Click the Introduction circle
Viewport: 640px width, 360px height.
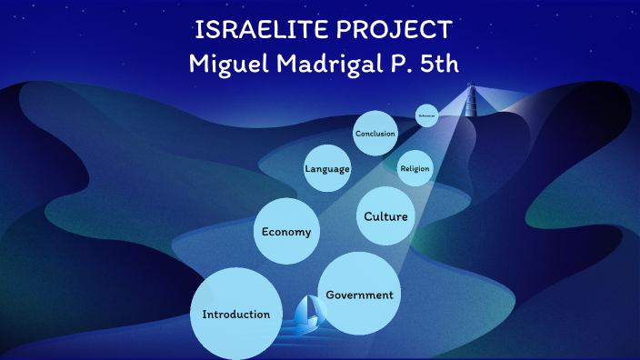click(235, 314)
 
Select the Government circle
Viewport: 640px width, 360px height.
click(359, 294)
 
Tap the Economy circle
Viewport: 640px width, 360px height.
click(286, 232)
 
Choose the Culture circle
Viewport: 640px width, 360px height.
click(385, 216)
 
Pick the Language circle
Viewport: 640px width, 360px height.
click(327, 168)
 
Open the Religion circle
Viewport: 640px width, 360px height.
click(415, 168)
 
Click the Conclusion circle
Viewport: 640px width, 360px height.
click(375, 134)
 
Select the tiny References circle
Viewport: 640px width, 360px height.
click(426, 115)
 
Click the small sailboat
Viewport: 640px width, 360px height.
click(309, 311)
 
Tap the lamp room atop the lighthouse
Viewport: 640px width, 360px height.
click(472, 89)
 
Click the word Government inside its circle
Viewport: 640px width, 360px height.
click(359, 295)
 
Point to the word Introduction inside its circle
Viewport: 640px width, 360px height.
click(235, 315)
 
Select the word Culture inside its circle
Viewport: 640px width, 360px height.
click(385, 216)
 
